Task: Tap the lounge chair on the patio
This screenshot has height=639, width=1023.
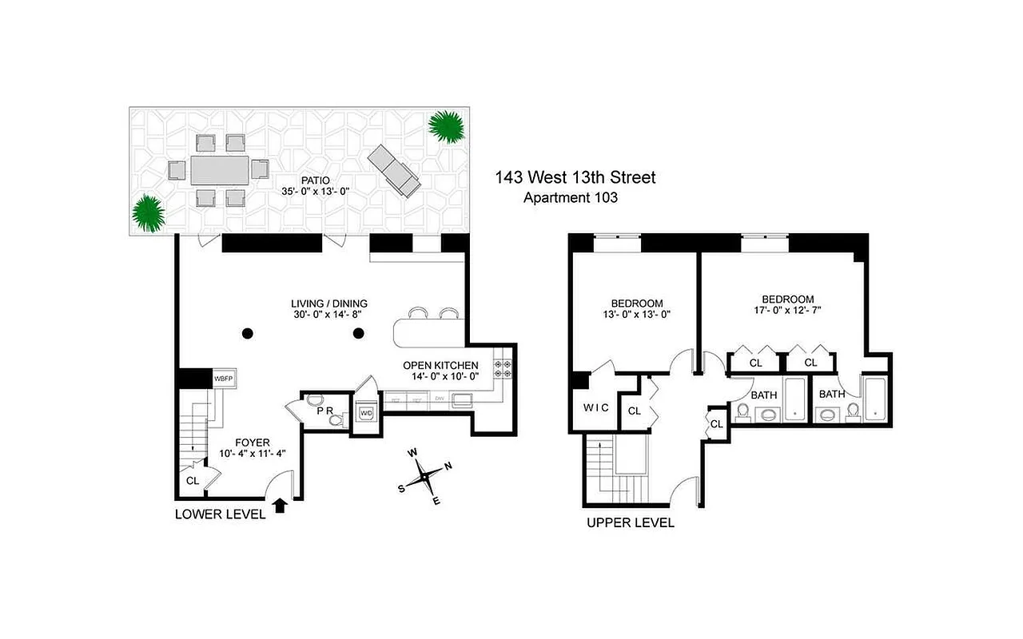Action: pos(394,171)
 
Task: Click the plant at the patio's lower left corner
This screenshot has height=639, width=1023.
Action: pos(149,212)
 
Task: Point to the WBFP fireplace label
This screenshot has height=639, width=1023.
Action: pos(224,379)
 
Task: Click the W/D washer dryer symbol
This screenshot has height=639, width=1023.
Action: pos(366,413)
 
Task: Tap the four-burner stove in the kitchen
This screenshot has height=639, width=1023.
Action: pos(504,368)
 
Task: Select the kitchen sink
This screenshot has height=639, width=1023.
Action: pos(463,399)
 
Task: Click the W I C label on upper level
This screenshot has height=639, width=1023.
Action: pos(595,408)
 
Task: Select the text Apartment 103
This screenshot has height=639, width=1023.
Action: pos(570,199)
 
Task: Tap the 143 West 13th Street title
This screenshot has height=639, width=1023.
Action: pos(575,177)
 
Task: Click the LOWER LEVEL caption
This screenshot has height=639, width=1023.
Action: pos(220,515)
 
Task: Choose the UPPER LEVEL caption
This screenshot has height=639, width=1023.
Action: pos(631,523)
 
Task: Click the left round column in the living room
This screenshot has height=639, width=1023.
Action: pos(248,333)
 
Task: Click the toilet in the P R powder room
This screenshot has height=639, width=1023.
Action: pos(337,418)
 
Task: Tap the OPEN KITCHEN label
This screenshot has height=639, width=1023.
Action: pos(440,365)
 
